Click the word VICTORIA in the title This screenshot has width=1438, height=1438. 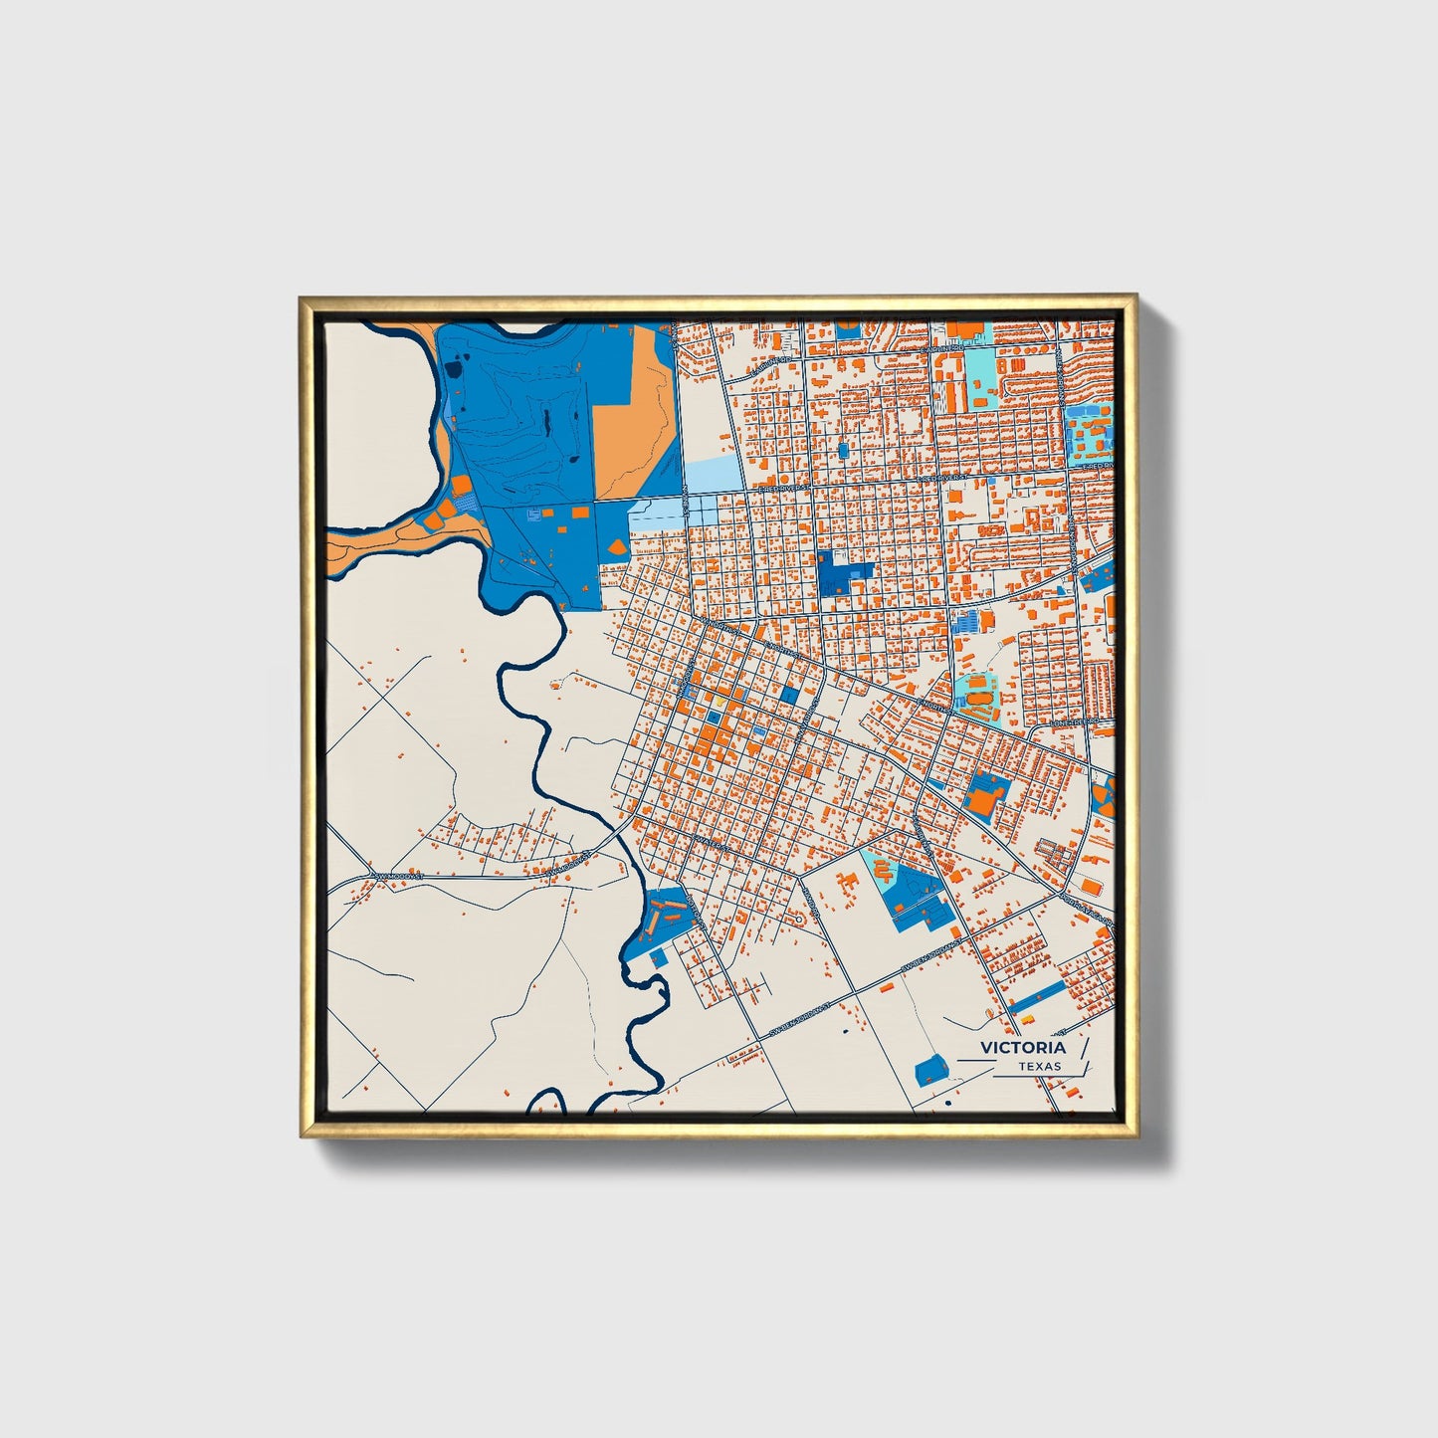[1022, 1047]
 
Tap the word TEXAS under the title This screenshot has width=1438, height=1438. [1039, 1066]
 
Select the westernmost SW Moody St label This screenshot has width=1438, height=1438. [398, 874]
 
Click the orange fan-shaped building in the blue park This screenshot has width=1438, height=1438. [616, 546]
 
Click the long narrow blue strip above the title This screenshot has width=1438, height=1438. [1037, 993]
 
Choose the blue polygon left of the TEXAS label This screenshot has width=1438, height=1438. [930, 1071]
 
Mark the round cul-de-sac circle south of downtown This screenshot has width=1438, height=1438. [796, 919]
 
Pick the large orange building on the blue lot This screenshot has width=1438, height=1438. [981, 799]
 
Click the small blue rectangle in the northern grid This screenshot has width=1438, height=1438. [843, 451]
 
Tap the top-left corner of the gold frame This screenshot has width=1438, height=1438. [302, 298]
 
